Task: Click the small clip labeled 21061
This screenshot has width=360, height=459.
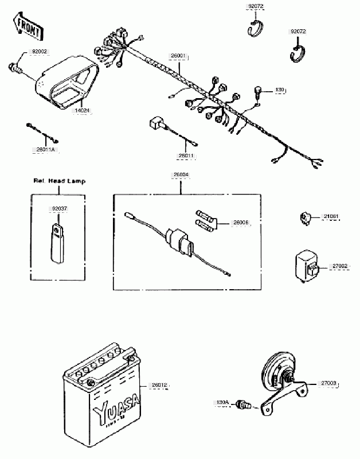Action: pos(307,218)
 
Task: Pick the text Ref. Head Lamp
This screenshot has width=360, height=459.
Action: pos(59,181)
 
